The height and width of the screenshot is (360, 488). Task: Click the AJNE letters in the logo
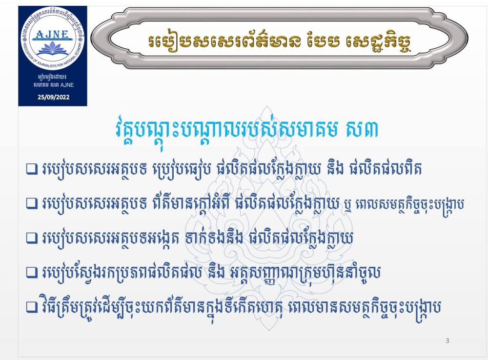click(x=52, y=34)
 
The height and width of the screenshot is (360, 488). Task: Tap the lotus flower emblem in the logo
click(x=52, y=49)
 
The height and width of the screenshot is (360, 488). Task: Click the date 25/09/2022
click(x=54, y=97)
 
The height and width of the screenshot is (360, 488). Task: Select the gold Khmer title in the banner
click(x=280, y=41)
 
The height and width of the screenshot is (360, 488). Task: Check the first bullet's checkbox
click(x=32, y=169)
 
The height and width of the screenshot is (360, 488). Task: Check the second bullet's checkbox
click(x=32, y=203)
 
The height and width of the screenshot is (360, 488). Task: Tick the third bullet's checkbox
click(x=32, y=239)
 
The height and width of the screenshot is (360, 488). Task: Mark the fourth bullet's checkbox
click(x=32, y=273)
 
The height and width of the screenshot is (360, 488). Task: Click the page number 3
click(x=447, y=340)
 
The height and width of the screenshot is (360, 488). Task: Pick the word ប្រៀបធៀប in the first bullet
click(x=182, y=170)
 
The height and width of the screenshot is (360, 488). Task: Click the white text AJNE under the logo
click(x=67, y=85)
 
